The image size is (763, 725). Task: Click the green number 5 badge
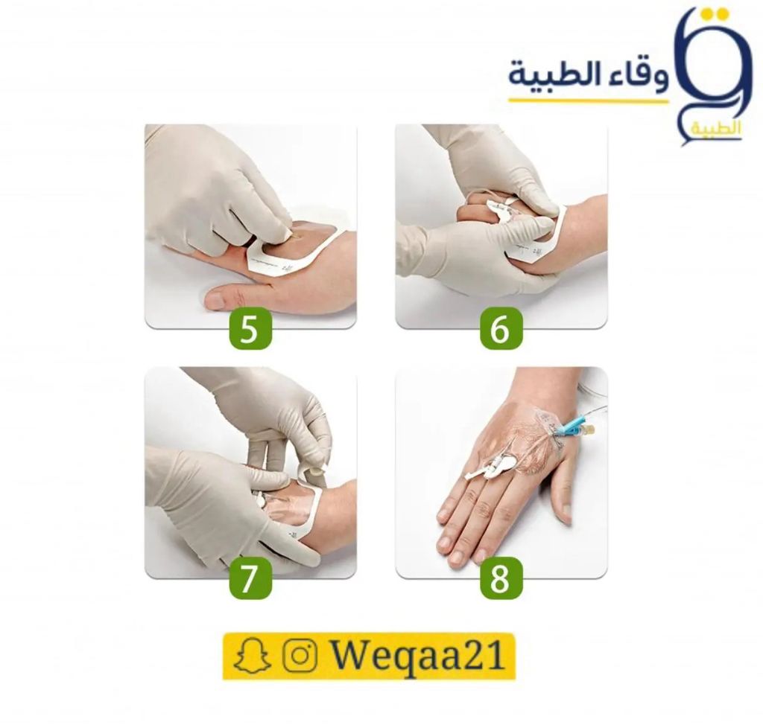pos(250,328)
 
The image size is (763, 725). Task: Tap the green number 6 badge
pos(501,328)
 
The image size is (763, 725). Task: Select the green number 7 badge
pos(250,578)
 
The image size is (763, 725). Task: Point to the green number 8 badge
pos(501,578)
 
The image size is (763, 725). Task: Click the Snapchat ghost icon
pos(252,657)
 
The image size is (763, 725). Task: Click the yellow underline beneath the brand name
pos(589,100)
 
